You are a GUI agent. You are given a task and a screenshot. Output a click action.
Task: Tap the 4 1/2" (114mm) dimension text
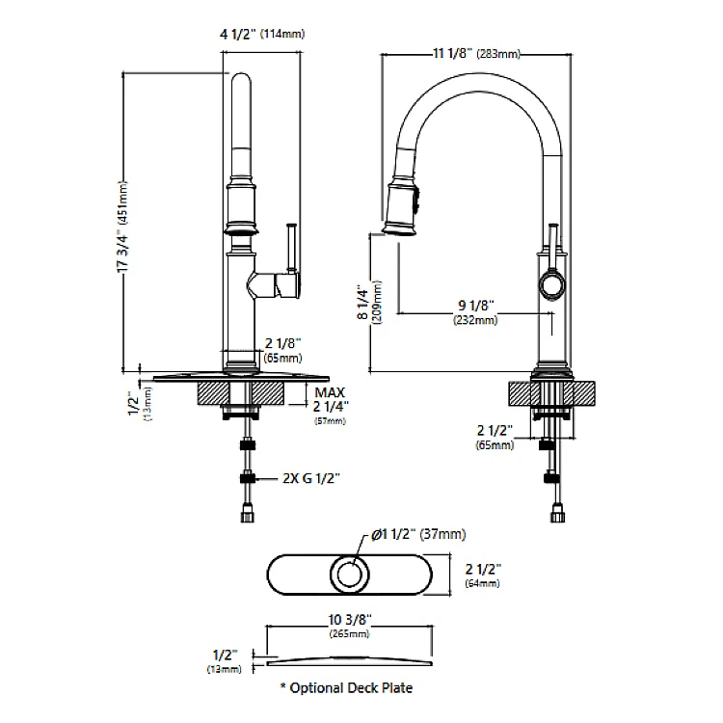262,34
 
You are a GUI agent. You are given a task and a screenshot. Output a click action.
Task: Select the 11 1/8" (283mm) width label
475,55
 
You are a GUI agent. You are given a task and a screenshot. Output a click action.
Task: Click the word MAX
330,392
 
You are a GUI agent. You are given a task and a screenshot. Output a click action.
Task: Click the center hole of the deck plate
351,576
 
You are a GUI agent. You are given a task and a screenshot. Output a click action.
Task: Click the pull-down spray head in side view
401,205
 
